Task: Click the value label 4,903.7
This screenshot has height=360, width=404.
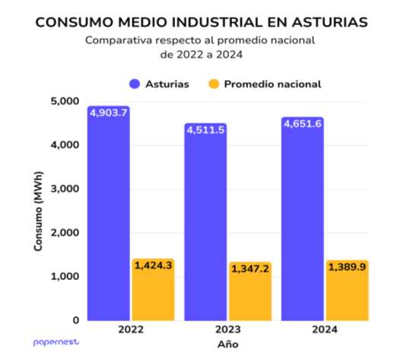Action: [109, 113]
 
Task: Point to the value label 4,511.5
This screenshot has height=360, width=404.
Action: [205, 129]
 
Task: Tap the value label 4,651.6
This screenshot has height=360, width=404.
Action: [302, 123]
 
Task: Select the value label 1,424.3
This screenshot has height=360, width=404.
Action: [153, 265]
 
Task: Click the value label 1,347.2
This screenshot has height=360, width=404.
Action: [250, 269]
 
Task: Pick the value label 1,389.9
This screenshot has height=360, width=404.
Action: [347, 266]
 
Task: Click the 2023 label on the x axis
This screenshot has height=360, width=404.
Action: [227, 331]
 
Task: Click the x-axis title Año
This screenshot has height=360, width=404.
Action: [227, 345]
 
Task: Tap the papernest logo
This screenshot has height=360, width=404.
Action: [56, 343]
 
